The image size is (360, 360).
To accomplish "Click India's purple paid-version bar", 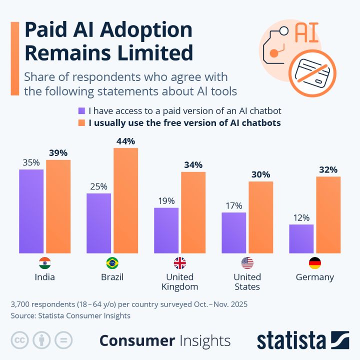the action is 31,211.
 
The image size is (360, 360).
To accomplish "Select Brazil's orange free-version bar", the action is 126,200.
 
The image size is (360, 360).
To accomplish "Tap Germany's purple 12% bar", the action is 301,239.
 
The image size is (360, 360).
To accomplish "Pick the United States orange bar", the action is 261,217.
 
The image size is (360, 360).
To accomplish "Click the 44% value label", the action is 125,141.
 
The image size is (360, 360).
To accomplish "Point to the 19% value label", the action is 166,201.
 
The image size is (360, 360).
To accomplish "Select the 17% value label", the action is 234,205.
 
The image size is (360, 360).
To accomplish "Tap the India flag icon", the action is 45,263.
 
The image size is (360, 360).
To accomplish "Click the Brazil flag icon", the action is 112,263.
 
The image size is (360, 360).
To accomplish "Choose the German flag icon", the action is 315,263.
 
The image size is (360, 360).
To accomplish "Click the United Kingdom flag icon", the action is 180,263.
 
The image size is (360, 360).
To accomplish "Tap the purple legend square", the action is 81,111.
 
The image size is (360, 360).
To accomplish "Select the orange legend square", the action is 81,123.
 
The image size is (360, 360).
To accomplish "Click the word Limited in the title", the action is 155,53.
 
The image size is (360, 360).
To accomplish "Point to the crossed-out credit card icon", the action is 312,73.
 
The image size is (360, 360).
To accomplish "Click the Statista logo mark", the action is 340,340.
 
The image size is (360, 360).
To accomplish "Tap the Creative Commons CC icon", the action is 19,340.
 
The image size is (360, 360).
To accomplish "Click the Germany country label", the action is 315,277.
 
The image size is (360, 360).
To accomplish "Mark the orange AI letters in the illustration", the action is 306,32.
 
